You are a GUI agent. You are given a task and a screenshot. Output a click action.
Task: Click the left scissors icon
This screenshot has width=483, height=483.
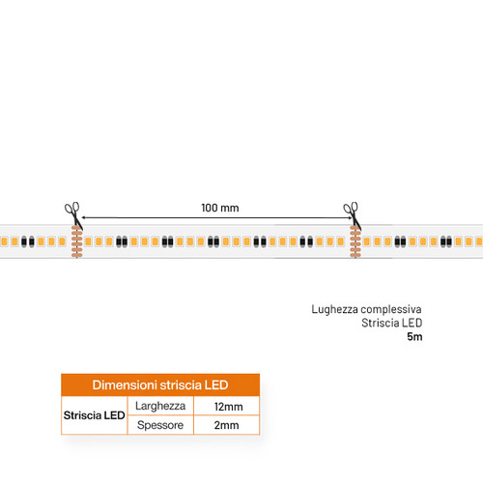pos(73,215)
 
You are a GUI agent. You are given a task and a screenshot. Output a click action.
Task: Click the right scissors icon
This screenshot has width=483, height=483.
pos(353,215)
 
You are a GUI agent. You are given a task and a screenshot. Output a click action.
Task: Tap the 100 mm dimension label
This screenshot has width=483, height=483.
pos(220,208)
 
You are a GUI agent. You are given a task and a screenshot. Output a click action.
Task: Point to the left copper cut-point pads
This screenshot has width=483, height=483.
pos(77,241)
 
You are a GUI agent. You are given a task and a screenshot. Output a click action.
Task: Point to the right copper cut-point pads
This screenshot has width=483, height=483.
pos(355,241)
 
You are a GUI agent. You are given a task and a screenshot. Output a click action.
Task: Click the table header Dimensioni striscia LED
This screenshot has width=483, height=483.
pos(160,384)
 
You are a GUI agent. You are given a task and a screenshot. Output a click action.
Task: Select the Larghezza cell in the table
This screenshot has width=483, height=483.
pos(160,406)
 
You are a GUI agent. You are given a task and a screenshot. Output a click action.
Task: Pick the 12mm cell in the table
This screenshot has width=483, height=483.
pos(228,407)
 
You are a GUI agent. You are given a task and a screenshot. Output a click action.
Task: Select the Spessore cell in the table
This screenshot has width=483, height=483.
pos(160,425)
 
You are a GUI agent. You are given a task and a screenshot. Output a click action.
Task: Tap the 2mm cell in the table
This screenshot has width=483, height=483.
pos(226,425)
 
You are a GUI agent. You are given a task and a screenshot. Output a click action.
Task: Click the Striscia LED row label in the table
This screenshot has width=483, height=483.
pos(94,415)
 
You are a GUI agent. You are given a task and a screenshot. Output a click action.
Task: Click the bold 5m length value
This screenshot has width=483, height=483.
pos(414,336)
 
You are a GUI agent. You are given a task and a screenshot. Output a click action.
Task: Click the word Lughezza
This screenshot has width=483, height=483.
pos(334,309)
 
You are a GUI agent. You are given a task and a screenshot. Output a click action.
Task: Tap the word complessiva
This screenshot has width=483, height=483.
pos(391,309)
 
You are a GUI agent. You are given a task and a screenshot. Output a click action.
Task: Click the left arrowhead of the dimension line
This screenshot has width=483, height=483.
pos(84,217)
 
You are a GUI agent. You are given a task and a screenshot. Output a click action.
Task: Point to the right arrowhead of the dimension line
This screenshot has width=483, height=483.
pos(350,217)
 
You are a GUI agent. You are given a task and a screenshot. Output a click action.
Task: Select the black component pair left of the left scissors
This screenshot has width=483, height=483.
pos(28,241)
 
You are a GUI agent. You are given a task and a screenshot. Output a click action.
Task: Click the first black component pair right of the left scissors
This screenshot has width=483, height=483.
pos(122,241)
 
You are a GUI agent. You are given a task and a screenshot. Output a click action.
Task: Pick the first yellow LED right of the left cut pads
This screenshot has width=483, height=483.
pos(88,241)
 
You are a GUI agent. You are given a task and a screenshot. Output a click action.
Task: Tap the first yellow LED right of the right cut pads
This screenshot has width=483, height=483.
pos(366,241)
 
